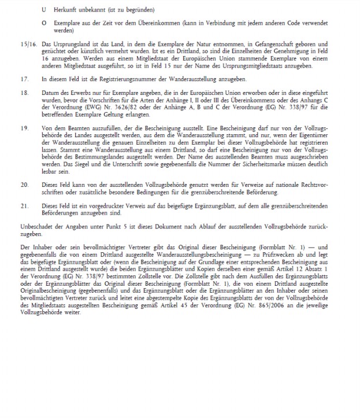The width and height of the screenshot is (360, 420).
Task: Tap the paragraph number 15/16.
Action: pos(26,43)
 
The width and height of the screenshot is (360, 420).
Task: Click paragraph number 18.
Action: pos(23,92)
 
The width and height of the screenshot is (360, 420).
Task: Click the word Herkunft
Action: pos(66,10)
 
